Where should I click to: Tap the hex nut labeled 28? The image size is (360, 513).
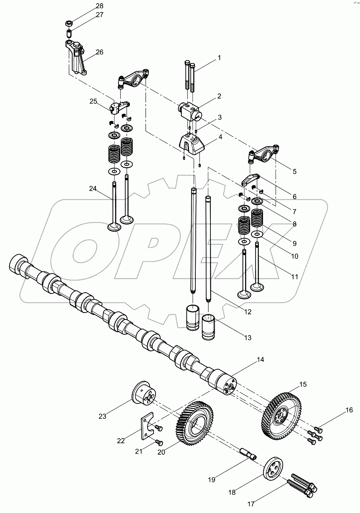coord(69,24)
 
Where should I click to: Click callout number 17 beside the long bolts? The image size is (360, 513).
coord(250,504)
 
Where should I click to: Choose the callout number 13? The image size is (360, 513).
coord(248,338)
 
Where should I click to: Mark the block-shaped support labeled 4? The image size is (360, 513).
coord(191,144)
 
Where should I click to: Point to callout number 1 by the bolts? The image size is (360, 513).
coord(219,58)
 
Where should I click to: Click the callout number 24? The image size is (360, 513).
coord(93,188)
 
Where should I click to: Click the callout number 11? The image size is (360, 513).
coord(295,277)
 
